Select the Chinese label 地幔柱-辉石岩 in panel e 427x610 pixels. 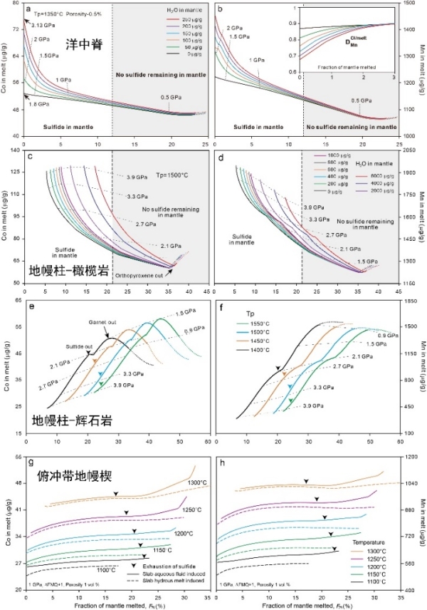[x=66, y=418]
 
